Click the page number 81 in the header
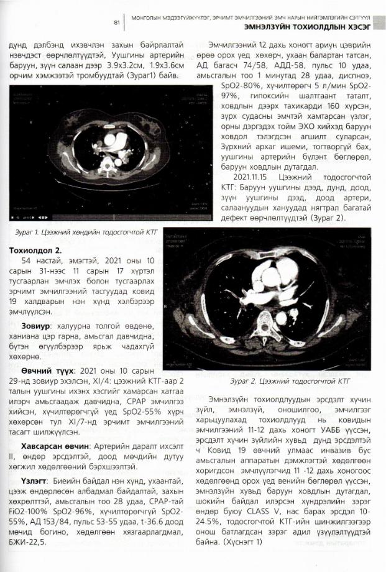click(116, 22)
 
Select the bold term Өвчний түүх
click(45, 370)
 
